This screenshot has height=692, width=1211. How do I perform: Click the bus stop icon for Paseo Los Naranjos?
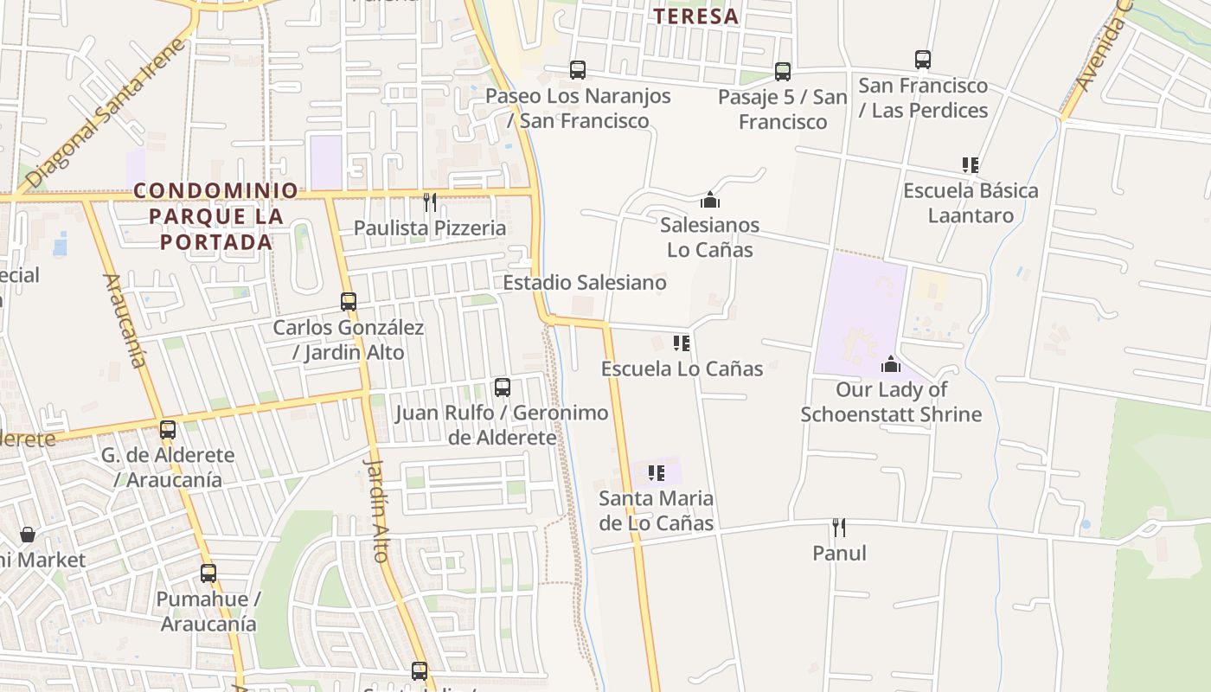click(577, 70)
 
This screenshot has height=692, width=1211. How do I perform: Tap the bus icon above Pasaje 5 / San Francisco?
click(783, 71)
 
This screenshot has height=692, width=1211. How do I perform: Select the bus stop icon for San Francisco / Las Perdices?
click(923, 60)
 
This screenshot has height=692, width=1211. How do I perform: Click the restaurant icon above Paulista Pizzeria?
click(430, 202)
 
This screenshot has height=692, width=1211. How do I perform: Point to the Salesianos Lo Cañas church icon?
click(710, 200)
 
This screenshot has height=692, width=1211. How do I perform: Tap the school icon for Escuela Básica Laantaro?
click(971, 164)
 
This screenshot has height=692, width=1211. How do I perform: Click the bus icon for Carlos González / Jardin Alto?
click(349, 302)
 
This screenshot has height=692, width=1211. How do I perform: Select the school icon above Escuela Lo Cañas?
click(682, 343)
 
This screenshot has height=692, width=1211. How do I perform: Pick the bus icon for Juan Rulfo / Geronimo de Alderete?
click(502, 387)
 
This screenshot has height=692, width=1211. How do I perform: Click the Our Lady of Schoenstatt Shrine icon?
click(891, 364)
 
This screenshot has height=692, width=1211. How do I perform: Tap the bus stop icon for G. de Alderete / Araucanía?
click(168, 429)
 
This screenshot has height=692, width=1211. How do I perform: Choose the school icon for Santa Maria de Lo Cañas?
click(657, 473)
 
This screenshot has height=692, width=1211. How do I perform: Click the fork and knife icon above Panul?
click(838, 527)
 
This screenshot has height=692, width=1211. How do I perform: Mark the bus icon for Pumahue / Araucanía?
click(208, 573)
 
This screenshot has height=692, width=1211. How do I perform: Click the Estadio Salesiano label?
click(585, 283)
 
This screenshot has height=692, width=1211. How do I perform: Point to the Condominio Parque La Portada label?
click(216, 215)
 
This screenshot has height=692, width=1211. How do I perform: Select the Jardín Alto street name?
click(378, 509)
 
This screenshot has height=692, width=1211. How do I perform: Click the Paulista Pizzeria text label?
click(430, 228)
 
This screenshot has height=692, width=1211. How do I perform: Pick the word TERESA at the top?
click(696, 16)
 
